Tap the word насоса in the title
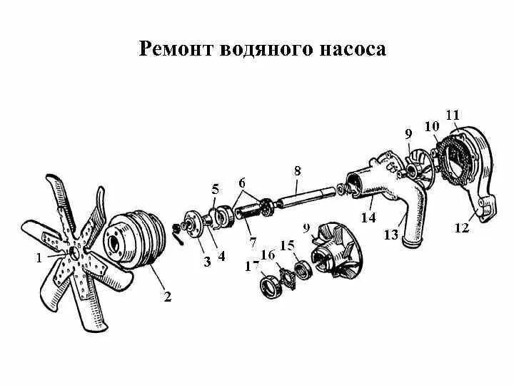click(x=347, y=49)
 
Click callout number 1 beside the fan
click(x=39, y=259)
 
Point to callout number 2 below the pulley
click(x=167, y=297)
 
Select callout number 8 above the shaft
click(x=297, y=171)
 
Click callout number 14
click(x=368, y=218)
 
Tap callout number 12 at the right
click(x=461, y=227)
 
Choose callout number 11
click(x=452, y=115)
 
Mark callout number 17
click(x=251, y=266)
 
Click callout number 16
click(x=268, y=255)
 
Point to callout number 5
click(x=216, y=189)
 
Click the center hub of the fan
click(x=74, y=253)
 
